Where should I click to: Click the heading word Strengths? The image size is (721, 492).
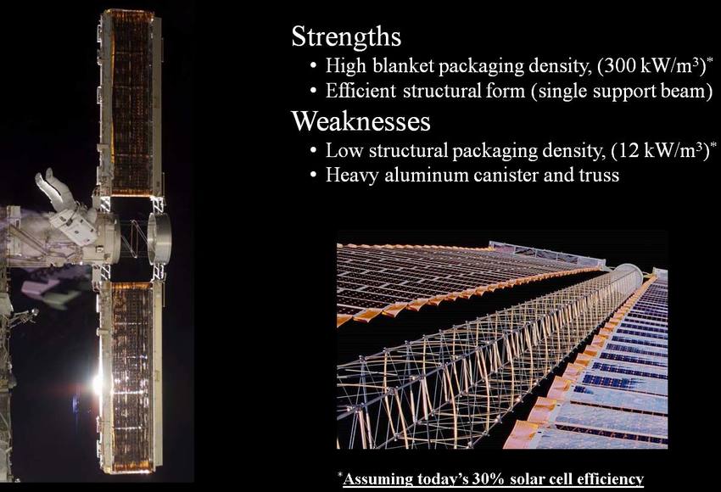pyautogui.click(x=346, y=36)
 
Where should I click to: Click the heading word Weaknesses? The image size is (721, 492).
pyautogui.click(x=361, y=121)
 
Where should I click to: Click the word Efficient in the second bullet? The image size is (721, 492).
pyautogui.click(x=360, y=91)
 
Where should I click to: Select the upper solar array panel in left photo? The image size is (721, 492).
pyautogui.click(x=131, y=103)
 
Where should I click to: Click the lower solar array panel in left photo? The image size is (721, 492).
pyautogui.click(x=131, y=377)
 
